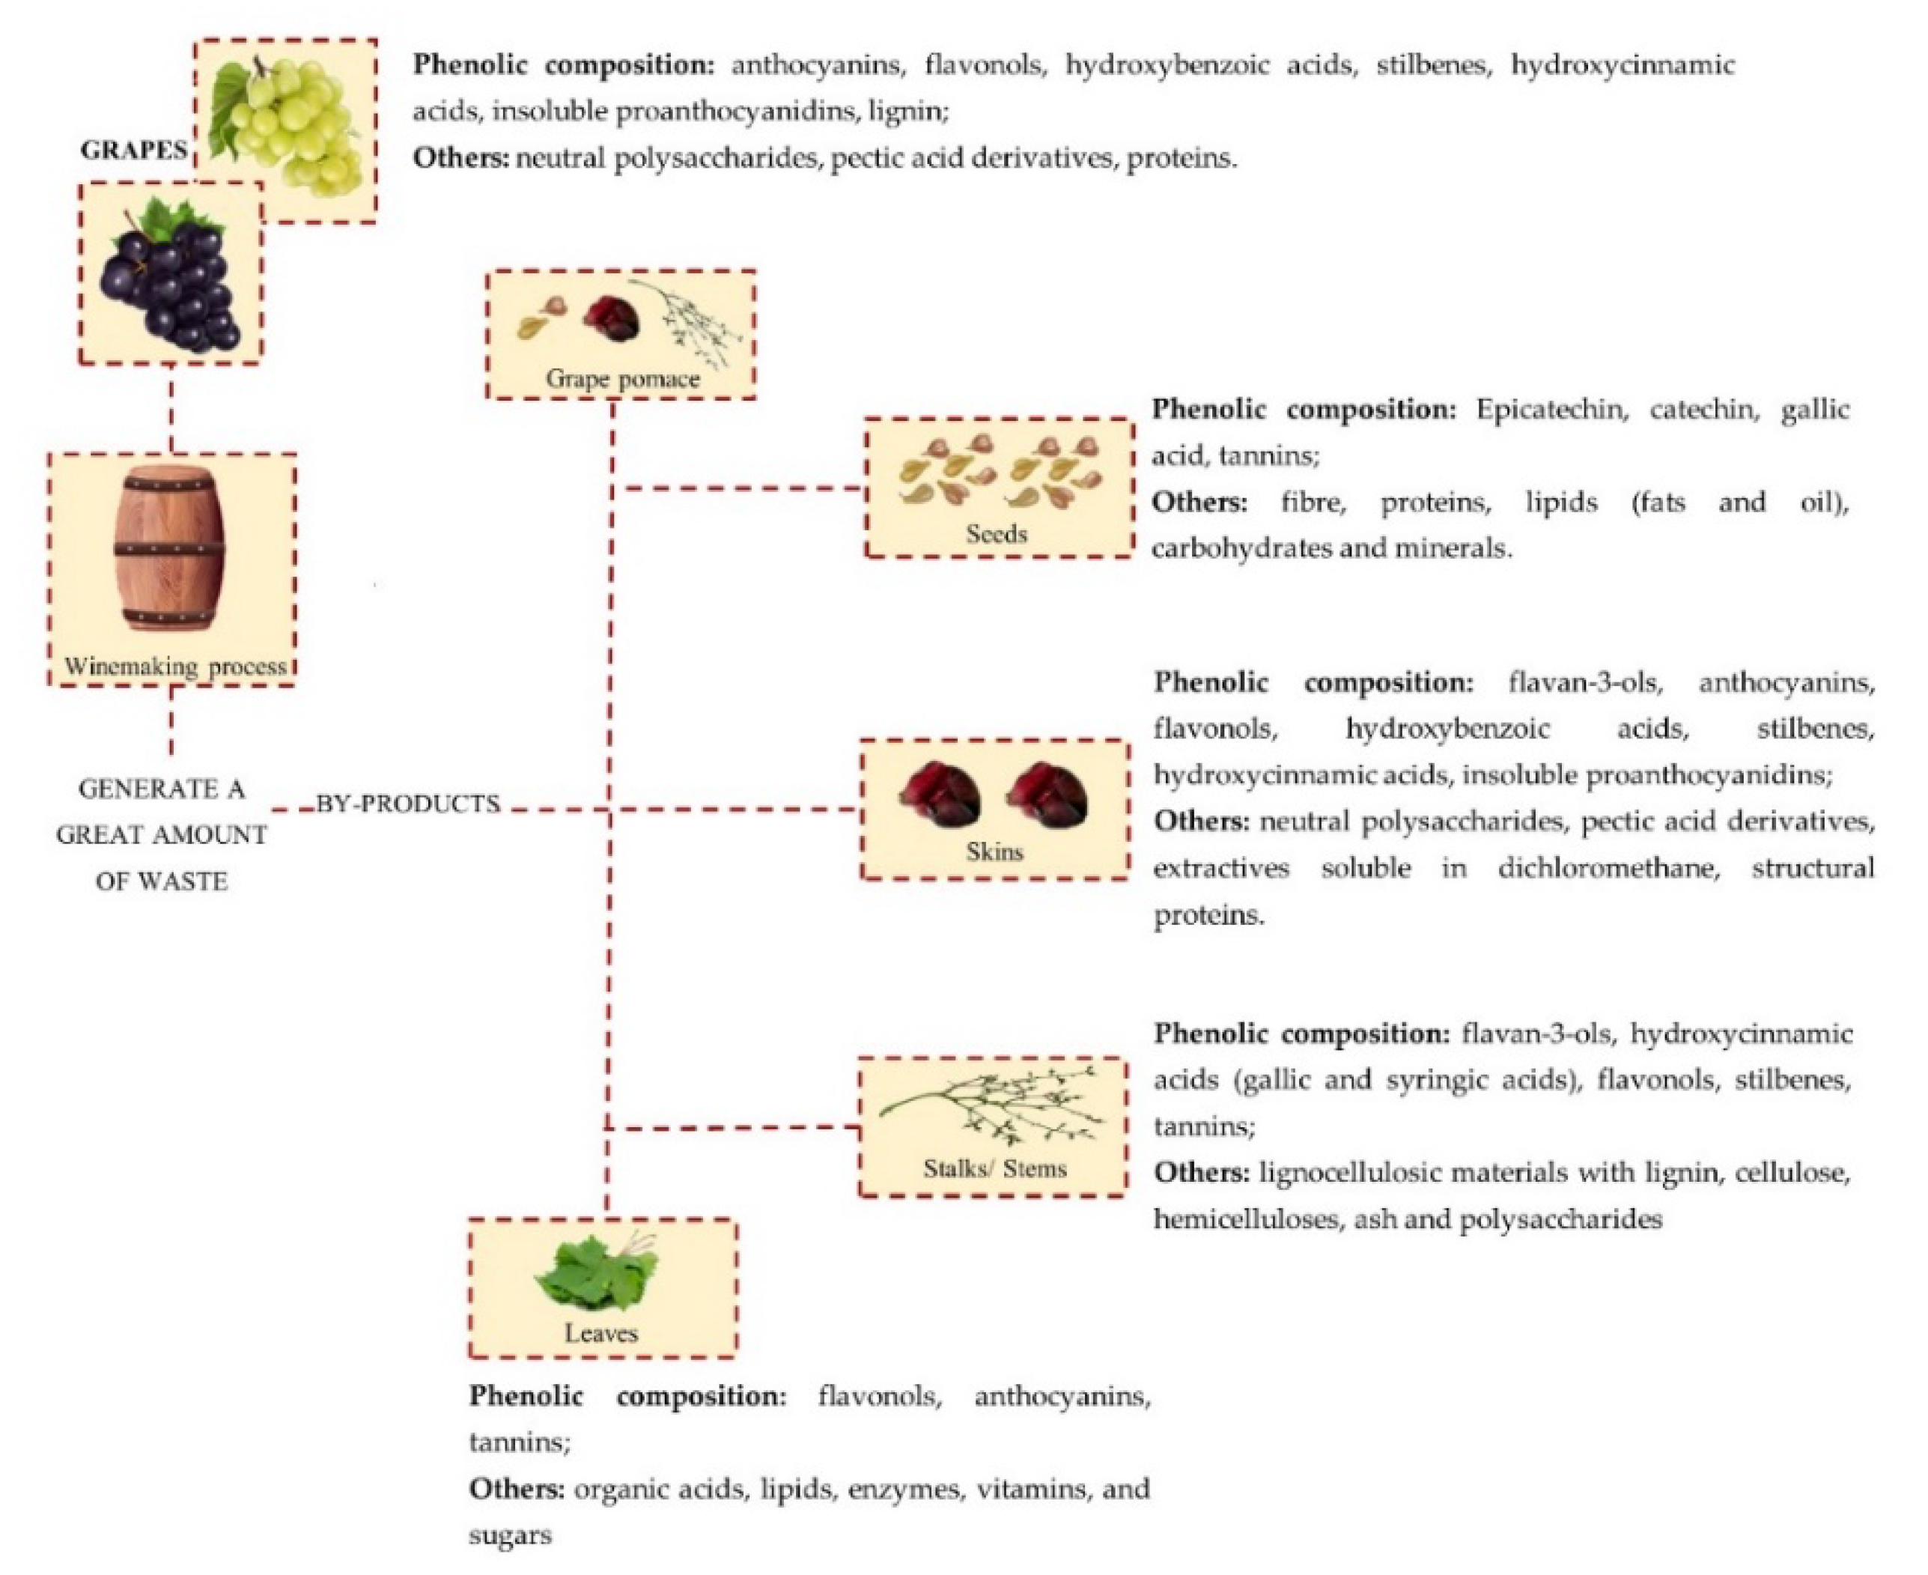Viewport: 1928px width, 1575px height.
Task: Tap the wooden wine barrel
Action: tap(169, 549)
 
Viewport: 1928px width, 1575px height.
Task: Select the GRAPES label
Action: tap(133, 151)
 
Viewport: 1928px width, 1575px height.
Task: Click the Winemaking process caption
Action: tap(174, 667)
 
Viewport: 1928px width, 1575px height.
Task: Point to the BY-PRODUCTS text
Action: tap(408, 804)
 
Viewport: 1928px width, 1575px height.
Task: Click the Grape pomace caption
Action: tap(622, 379)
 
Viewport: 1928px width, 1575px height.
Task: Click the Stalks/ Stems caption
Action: tap(995, 1168)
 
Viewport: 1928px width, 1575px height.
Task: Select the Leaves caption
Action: tap(601, 1333)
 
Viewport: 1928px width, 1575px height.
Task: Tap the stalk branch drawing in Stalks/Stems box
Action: tap(993, 1107)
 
